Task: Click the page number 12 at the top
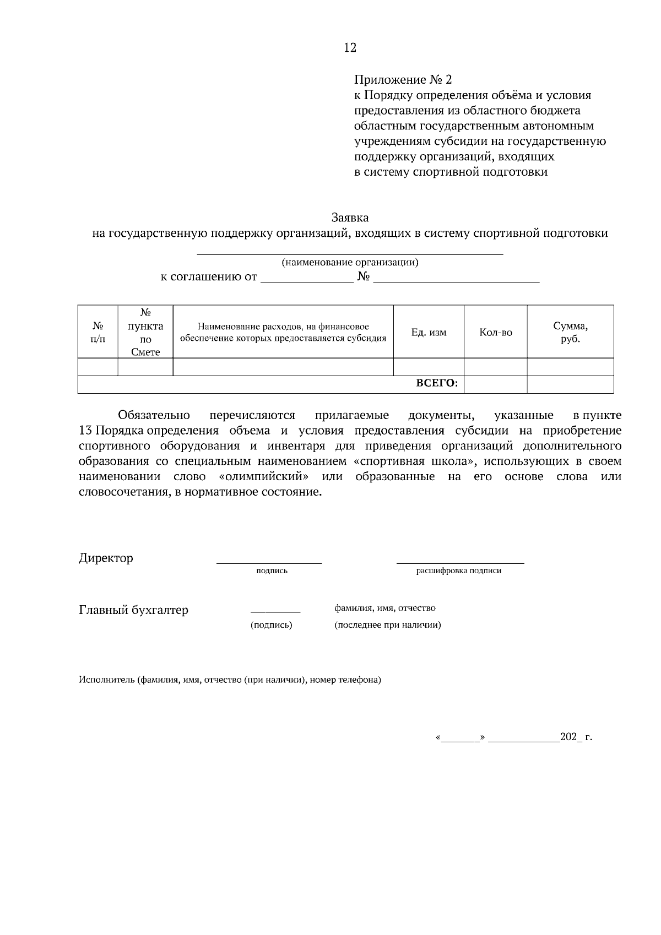pos(350,48)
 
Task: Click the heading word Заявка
pos(350,218)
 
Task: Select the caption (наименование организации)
pos(350,263)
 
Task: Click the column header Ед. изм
pos(429,333)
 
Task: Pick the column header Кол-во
pos(496,333)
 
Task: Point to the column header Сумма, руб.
pos(570,332)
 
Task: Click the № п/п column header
pos(98,332)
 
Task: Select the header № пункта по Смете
pos(145,332)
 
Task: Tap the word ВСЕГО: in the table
pos(436,384)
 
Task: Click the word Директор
pos(106,558)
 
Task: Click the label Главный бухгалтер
pos(133,610)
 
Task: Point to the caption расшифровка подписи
pos(458,571)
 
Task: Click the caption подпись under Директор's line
pos(272,571)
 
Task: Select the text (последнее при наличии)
pos(387,626)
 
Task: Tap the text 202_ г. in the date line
pos(576,737)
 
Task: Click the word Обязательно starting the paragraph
pos(154,415)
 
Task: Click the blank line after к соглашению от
pos(306,280)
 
